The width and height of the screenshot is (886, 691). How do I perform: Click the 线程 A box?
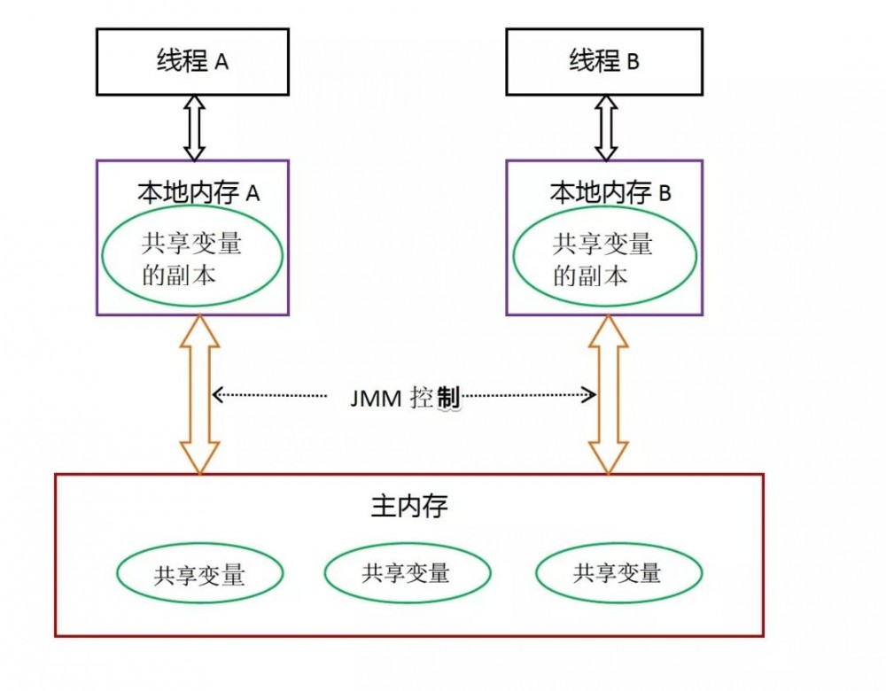pyautogui.click(x=192, y=62)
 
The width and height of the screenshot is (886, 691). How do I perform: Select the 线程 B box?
pyautogui.click(x=604, y=62)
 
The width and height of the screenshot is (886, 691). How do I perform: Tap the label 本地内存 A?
pyautogui.click(x=198, y=192)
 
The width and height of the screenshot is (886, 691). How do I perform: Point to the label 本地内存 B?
pyautogui.click(x=610, y=192)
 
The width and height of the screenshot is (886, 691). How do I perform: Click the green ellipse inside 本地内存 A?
pyautogui.click(x=192, y=255)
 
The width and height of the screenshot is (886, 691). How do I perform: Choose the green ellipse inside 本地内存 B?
pyautogui.click(x=604, y=255)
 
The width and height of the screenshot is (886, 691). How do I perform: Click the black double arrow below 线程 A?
pyautogui.click(x=194, y=128)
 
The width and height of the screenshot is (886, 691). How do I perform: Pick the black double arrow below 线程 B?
pyautogui.click(x=606, y=128)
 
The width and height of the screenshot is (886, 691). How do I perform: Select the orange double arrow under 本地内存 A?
pyautogui.click(x=199, y=394)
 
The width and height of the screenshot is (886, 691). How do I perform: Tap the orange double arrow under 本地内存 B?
pyautogui.click(x=609, y=394)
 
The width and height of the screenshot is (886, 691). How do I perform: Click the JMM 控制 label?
pyautogui.click(x=405, y=398)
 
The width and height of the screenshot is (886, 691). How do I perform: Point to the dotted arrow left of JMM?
pyautogui.click(x=269, y=395)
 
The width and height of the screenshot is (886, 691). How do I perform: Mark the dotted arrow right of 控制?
pyautogui.click(x=529, y=394)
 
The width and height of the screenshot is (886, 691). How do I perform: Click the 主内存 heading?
pyautogui.click(x=409, y=506)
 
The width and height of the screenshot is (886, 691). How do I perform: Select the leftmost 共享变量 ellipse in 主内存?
pyautogui.click(x=200, y=573)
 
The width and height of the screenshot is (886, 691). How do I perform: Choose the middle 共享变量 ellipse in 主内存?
pyautogui.click(x=408, y=572)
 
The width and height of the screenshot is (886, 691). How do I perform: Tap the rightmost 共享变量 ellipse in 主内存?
pyautogui.click(x=618, y=571)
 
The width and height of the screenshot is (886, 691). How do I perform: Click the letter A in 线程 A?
pyautogui.click(x=221, y=62)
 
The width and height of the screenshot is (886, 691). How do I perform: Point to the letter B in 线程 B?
pyautogui.click(x=633, y=62)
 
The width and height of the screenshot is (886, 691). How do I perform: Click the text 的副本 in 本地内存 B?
pyautogui.click(x=590, y=276)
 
